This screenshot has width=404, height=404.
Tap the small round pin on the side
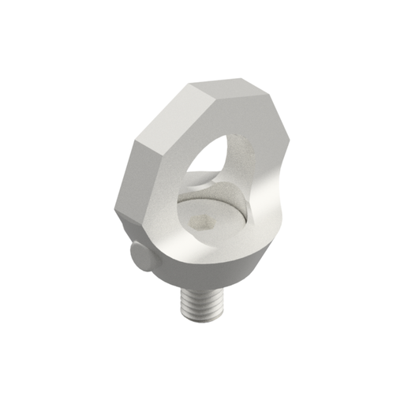tap(137, 256)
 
